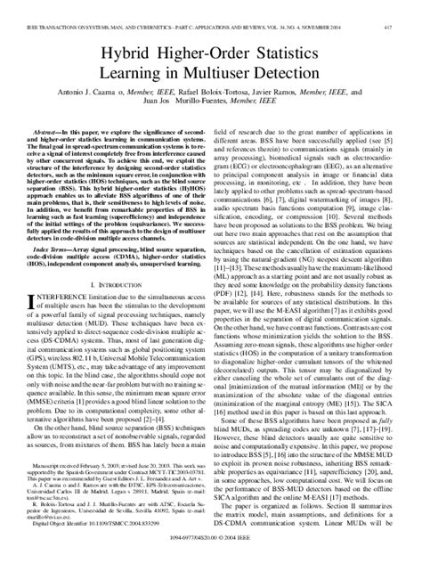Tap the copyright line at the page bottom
[x=211, y=552]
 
